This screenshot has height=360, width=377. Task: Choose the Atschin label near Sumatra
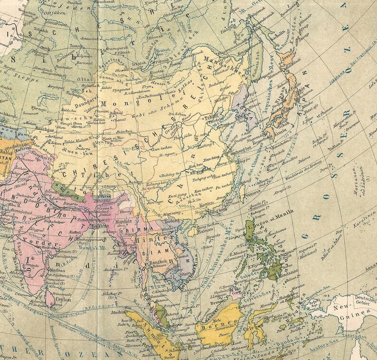pyautogui.click(x=119, y=313)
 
